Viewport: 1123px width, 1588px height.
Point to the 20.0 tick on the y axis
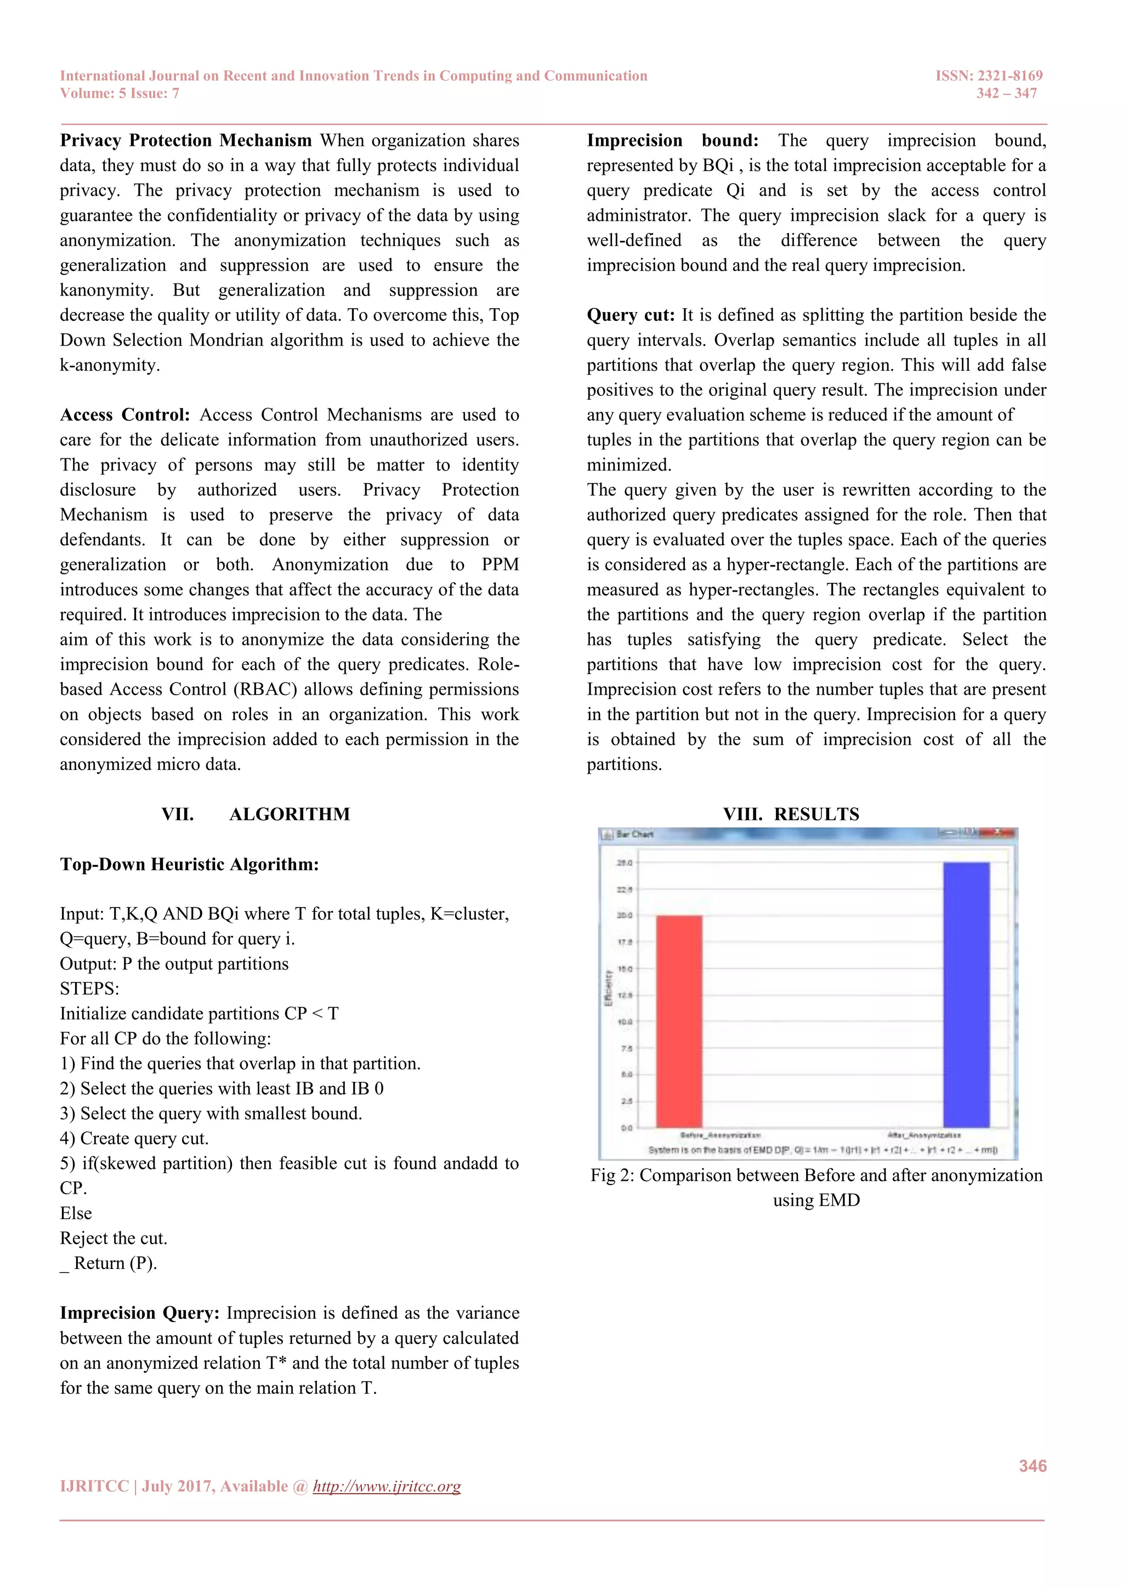[625, 916]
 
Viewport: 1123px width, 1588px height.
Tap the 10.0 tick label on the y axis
[625, 1022]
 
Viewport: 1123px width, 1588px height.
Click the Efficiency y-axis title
[609, 988]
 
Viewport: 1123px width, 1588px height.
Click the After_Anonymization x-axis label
[924, 1135]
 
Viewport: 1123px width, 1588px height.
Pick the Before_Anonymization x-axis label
[721, 1135]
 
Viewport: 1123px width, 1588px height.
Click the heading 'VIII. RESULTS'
[791, 814]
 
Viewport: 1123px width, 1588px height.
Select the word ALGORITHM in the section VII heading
[290, 814]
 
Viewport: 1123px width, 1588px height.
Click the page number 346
[1033, 1466]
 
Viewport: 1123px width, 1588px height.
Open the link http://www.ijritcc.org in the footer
[387, 1487]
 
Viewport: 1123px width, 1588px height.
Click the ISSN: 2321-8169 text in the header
[989, 75]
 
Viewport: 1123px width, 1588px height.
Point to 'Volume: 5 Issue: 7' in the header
[120, 93]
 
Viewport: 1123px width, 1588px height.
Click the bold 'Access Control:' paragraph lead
[124, 415]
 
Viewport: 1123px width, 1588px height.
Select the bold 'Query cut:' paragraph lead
[631, 315]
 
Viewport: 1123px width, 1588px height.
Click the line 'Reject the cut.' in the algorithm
[114, 1238]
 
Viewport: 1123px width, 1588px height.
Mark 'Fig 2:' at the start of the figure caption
[612, 1176]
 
